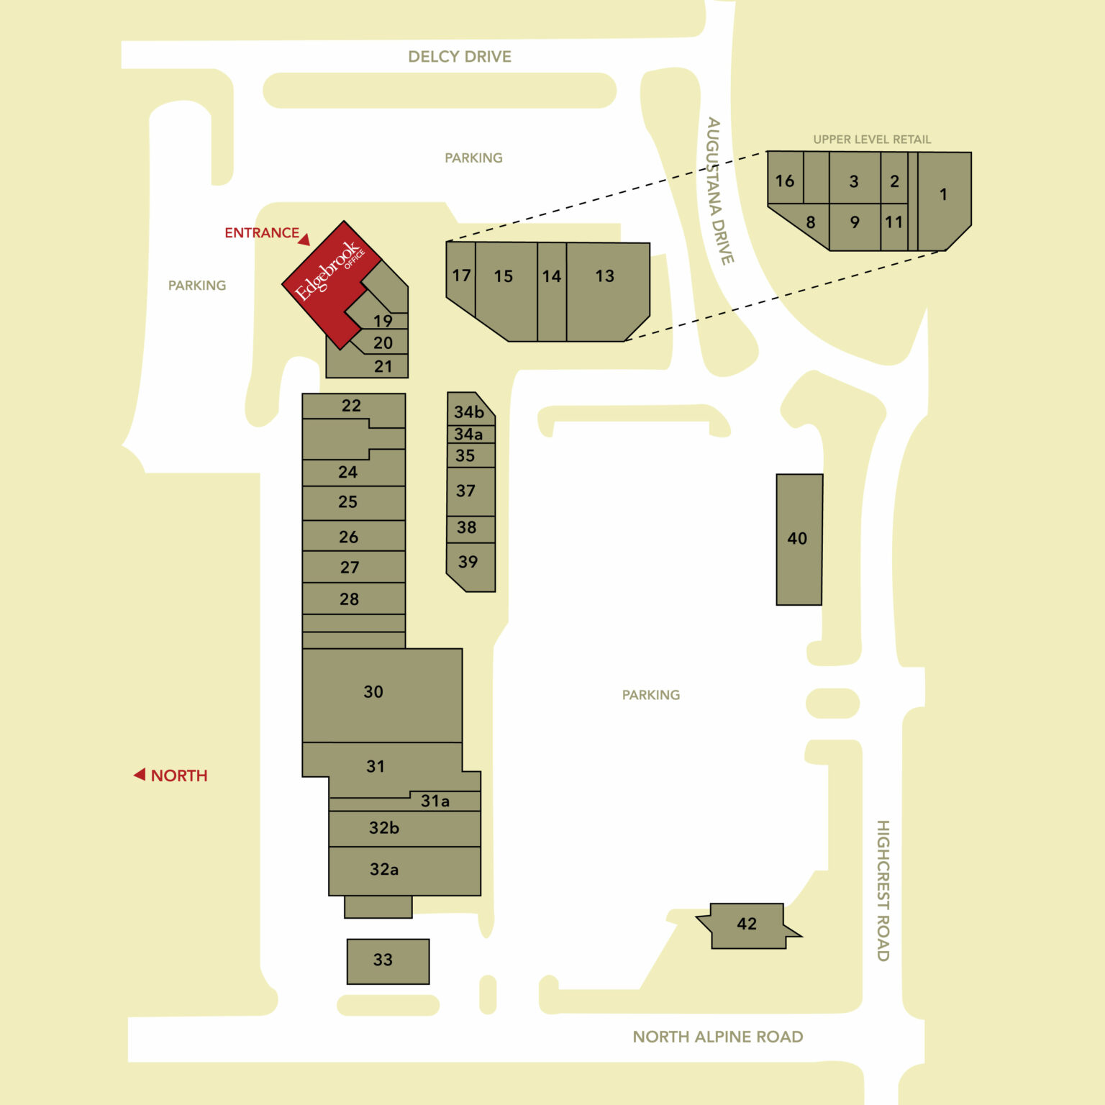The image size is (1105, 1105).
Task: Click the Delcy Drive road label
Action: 460,57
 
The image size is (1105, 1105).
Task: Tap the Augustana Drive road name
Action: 720,191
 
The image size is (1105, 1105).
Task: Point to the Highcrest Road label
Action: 883,890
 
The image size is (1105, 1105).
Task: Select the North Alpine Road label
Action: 718,1037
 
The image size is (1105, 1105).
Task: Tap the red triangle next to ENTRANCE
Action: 304,240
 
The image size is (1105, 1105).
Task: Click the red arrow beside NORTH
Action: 140,775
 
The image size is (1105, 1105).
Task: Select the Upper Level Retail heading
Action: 872,140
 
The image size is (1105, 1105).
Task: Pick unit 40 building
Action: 799,540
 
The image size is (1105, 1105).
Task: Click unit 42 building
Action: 747,926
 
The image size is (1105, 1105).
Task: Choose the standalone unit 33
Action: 388,961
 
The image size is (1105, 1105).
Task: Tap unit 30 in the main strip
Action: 382,696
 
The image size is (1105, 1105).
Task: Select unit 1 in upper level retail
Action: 944,201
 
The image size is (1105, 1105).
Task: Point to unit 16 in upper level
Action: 786,178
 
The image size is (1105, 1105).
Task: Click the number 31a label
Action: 435,801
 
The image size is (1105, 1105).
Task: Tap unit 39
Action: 470,567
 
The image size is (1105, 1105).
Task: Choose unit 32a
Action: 404,871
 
